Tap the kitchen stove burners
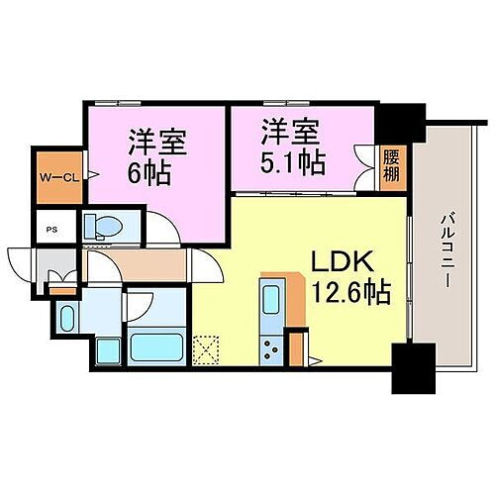click(271, 346)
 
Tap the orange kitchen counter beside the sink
click(292, 297)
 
